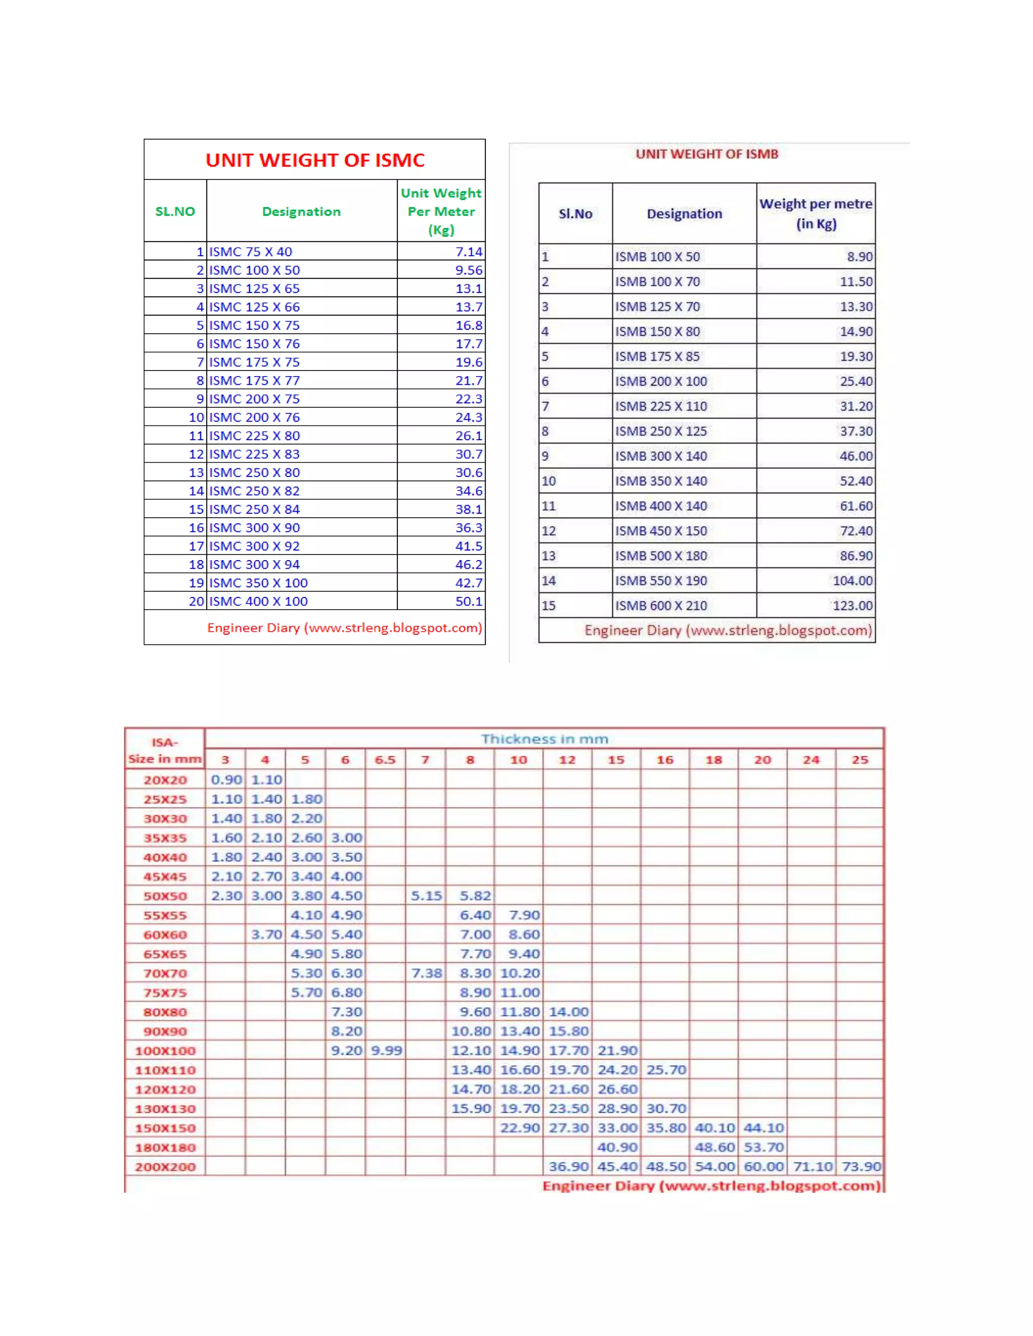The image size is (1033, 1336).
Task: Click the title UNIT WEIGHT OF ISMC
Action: pyautogui.click(x=315, y=160)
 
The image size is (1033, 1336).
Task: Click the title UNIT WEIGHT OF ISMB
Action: pyautogui.click(x=706, y=154)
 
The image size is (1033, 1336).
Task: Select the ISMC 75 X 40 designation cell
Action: pyautogui.click(x=251, y=252)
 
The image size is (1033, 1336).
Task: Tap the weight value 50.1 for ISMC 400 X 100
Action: pyautogui.click(x=468, y=601)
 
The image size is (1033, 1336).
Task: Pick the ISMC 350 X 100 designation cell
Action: pyautogui.click(x=258, y=583)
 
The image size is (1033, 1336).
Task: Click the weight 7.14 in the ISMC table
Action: pyautogui.click(x=468, y=252)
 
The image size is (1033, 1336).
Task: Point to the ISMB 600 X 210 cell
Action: pyautogui.click(x=661, y=605)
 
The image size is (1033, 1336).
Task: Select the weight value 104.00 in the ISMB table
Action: pyautogui.click(x=852, y=580)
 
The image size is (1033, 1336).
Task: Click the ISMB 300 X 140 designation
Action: pyautogui.click(x=661, y=456)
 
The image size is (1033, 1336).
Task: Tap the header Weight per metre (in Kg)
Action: pyautogui.click(x=816, y=213)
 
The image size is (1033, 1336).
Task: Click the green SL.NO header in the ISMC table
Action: pyautogui.click(x=175, y=212)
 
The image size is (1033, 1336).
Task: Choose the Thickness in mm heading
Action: pyautogui.click(x=544, y=739)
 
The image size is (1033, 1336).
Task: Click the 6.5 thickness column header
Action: pyautogui.click(x=385, y=760)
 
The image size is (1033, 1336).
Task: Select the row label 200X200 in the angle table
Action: pyautogui.click(x=164, y=1167)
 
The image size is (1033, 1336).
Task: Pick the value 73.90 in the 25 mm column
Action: pyautogui.click(x=860, y=1167)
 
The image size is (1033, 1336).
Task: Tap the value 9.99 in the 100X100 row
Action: pyautogui.click(x=386, y=1050)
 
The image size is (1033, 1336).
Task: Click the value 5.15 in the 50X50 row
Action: pyautogui.click(x=426, y=895)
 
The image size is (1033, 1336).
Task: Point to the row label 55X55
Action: pyautogui.click(x=164, y=916)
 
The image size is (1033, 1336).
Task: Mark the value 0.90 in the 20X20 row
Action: pyautogui.click(x=226, y=780)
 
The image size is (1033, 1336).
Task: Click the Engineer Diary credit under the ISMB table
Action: pyautogui.click(x=728, y=630)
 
